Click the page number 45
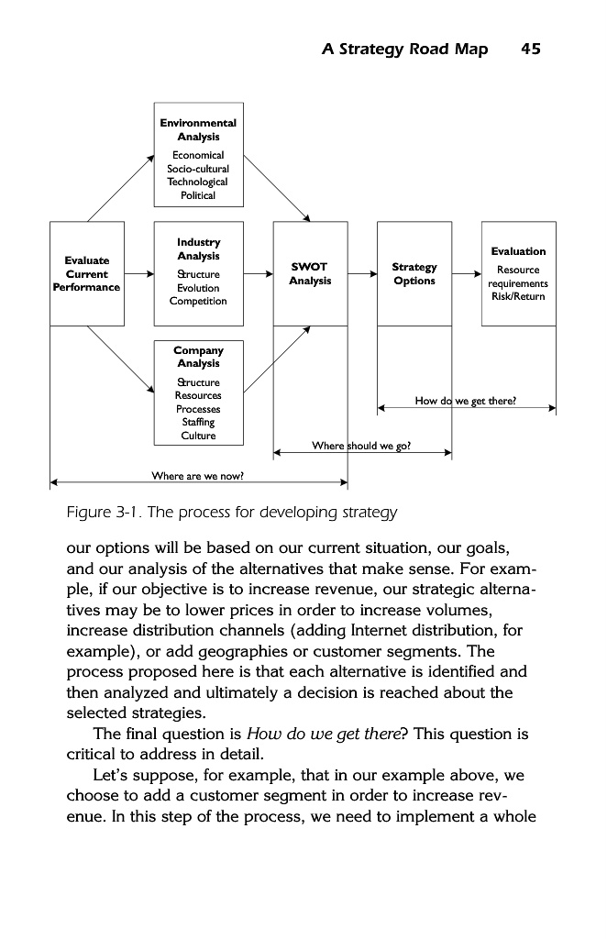(x=530, y=50)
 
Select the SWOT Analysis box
(x=310, y=273)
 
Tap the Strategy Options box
(x=414, y=273)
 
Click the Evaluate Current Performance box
(x=87, y=273)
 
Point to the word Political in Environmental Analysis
(x=198, y=195)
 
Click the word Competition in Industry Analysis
(x=198, y=301)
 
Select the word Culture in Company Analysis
(x=198, y=436)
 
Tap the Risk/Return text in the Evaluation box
(x=518, y=296)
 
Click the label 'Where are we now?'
(x=197, y=475)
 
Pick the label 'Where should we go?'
(x=361, y=446)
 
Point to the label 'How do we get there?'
(x=466, y=401)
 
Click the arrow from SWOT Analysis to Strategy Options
(x=362, y=273)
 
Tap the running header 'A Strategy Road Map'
(x=404, y=50)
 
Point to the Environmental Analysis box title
(x=198, y=129)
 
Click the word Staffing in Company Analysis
(x=198, y=422)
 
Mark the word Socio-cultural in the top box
(x=198, y=169)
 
